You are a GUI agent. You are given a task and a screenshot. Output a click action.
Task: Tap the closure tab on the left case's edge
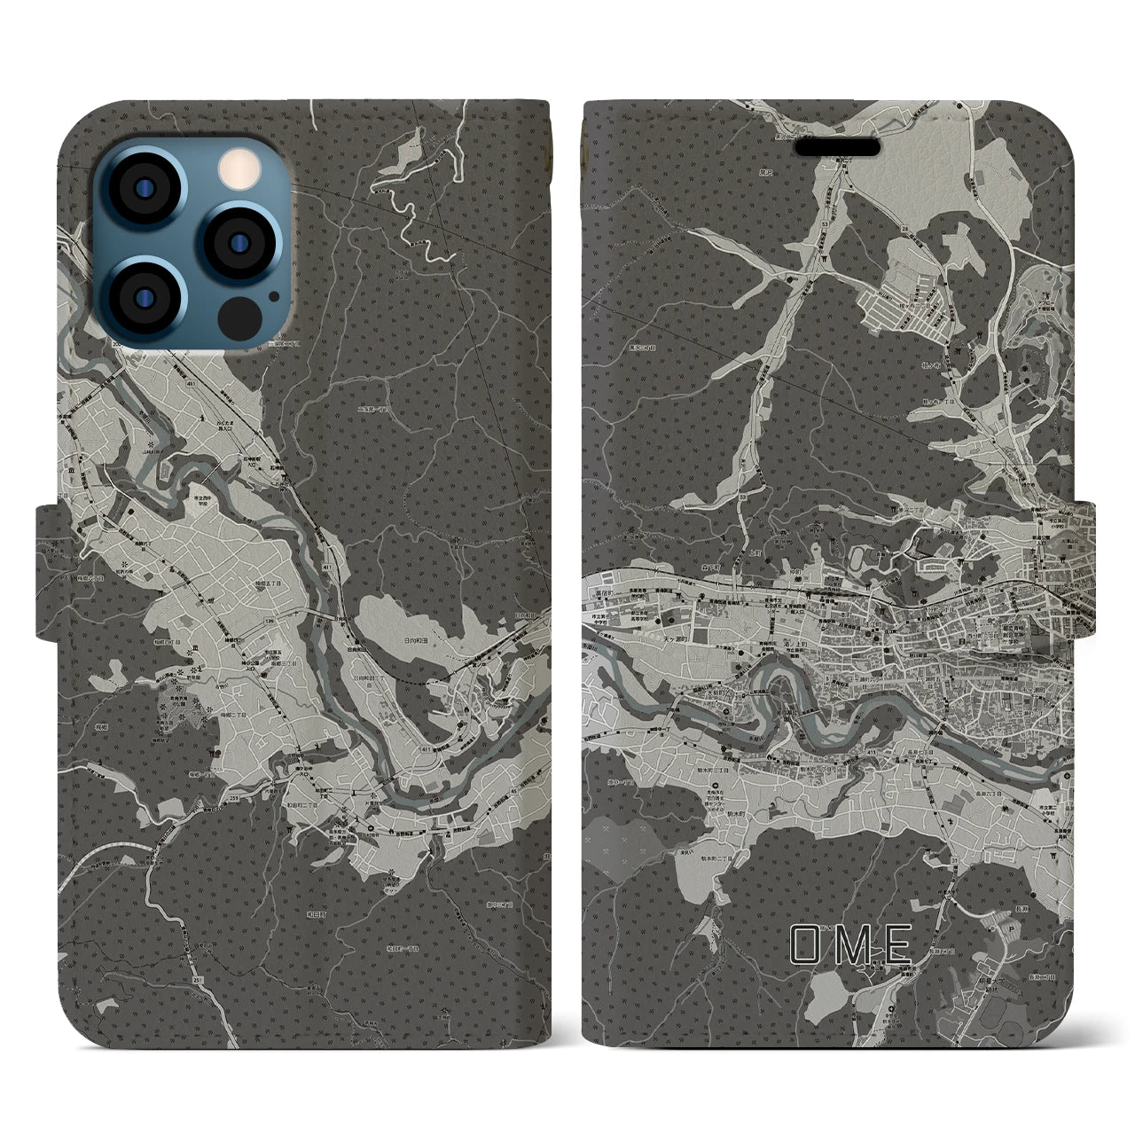click(x=46, y=572)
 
